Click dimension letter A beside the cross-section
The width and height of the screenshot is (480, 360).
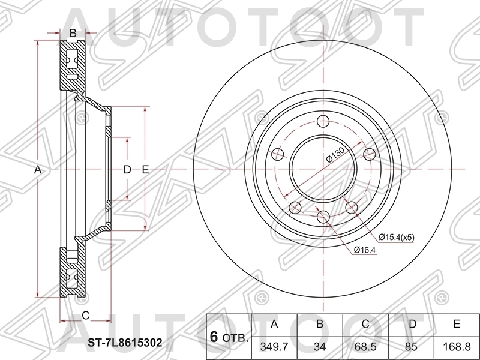(37, 170)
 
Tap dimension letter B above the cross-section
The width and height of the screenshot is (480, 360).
(73, 34)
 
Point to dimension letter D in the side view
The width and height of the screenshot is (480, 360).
(127, 170)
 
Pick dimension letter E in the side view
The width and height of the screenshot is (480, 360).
(145, 170)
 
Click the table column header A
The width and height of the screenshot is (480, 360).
(275, 325)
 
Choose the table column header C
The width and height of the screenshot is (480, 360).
(365, 325)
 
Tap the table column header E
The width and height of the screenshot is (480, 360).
(456, 325)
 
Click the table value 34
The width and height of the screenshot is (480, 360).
(320, 347)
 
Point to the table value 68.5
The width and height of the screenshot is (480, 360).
(365, 347)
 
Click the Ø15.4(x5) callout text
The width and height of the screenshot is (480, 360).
(396, 238)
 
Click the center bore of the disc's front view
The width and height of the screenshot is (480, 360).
(323, 168)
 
